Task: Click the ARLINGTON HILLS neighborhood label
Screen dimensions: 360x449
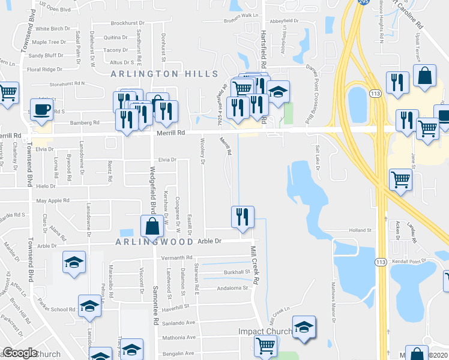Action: (x=163, y=74)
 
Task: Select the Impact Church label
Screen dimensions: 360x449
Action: (x=265, y=331)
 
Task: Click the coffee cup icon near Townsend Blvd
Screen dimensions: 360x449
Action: (x=42, y=110)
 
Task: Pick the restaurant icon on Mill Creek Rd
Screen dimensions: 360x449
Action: (x=243, y=217)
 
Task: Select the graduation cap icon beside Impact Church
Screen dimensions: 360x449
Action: (x=304, y=327)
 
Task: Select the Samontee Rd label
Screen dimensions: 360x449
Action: (x=154, y=303)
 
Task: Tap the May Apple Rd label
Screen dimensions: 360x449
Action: (x=53, y=200)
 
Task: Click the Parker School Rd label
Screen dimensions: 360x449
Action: (x=56, y=310)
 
